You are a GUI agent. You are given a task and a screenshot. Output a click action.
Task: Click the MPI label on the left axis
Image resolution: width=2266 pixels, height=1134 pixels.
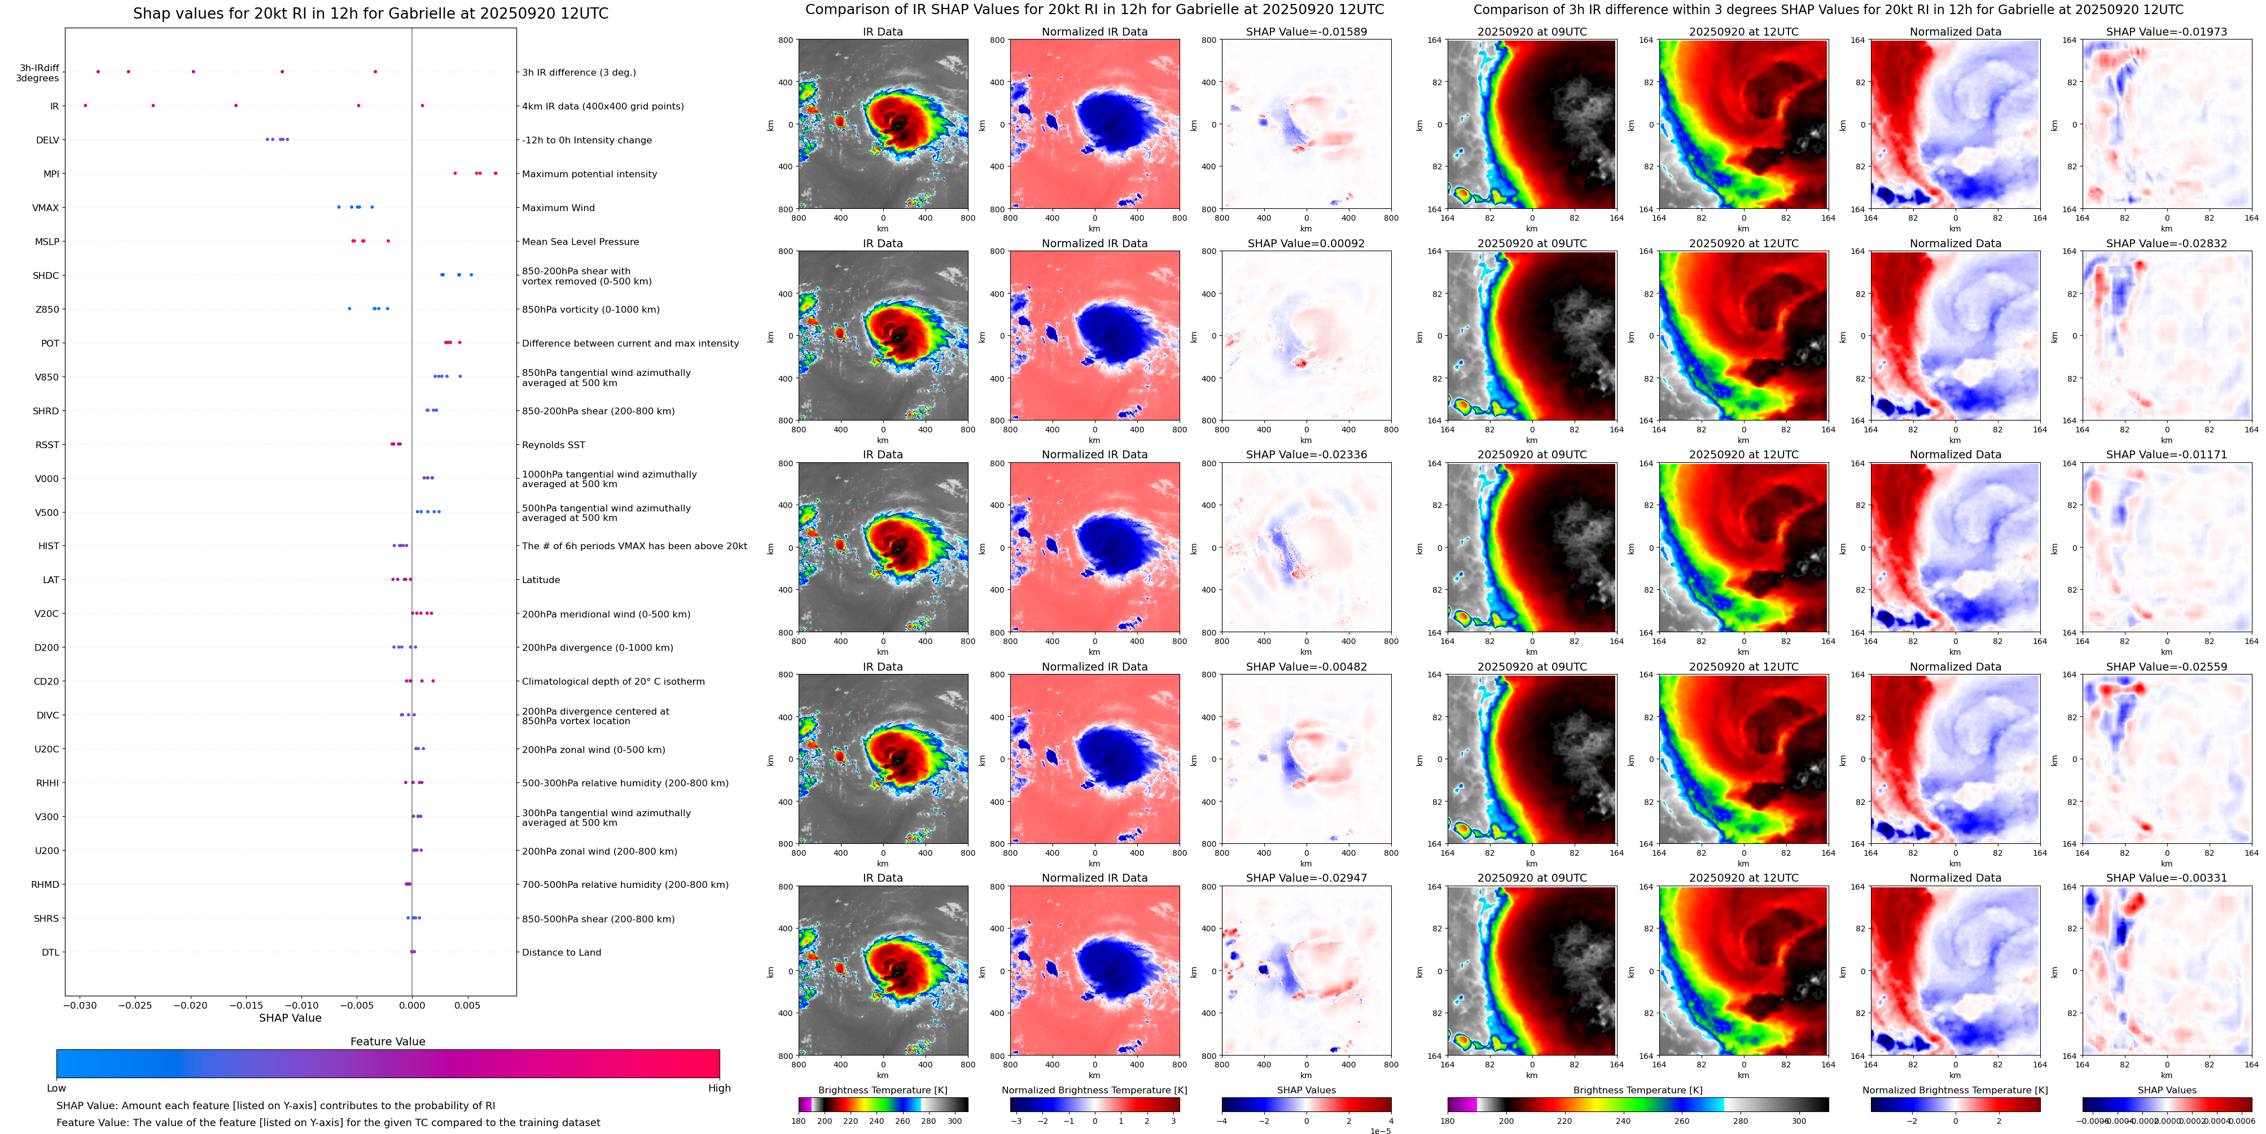click(51, 174)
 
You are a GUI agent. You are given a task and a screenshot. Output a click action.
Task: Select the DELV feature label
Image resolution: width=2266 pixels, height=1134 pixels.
click(47, 140)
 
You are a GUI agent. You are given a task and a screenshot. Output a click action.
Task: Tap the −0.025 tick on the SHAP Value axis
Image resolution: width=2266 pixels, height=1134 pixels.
click(134, 1005)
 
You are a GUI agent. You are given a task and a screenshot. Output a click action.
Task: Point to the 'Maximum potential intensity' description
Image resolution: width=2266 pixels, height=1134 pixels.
click(589, 174)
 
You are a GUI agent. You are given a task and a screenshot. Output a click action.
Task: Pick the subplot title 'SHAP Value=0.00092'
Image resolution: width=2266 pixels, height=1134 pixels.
click(1305, 244)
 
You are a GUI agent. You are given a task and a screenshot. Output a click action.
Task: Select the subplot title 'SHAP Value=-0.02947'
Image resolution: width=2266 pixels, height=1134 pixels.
click(1305, 878)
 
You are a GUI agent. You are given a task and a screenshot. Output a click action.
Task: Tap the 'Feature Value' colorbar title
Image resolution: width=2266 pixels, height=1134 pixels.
click(387, 1041)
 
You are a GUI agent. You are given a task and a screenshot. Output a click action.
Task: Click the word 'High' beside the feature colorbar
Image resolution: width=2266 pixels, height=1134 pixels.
click(718, 1088)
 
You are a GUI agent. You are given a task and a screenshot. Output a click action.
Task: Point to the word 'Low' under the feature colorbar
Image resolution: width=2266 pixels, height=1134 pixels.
click(56, 1088)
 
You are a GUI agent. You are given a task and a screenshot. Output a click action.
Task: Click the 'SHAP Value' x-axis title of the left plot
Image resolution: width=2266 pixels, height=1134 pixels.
click(290, 1018)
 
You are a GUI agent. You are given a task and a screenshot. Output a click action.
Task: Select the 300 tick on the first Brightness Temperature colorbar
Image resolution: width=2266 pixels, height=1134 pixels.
click(954, 1121)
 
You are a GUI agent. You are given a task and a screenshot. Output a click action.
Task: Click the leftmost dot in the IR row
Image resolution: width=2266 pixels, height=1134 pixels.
click(85, 106)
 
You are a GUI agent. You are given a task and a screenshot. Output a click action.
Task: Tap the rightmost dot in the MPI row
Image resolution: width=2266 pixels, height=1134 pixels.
click(496, 173)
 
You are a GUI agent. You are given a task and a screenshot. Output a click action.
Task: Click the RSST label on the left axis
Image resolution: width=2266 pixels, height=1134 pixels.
click(47, 445)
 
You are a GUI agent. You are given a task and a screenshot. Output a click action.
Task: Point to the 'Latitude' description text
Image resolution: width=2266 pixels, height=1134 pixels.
click(541, 580)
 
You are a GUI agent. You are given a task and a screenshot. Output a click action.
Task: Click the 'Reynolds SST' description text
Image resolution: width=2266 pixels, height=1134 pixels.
click(553, 445)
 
